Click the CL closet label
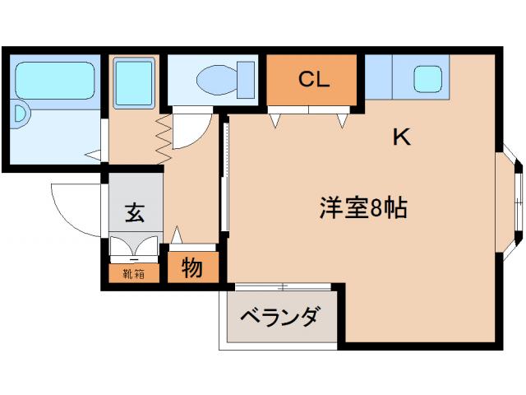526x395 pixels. click(x=313, y=80)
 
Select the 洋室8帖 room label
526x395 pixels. click(x=362, y=209)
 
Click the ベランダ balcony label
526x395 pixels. click(x=280, y=317)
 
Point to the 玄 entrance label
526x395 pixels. click(x=135, y=212)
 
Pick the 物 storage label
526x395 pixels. click(x=192, y=268)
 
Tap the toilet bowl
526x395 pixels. click(x=215, y=80)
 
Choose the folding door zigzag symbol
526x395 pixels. click(x=163, y=136)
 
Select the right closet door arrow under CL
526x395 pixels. click(x=341, y=120)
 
